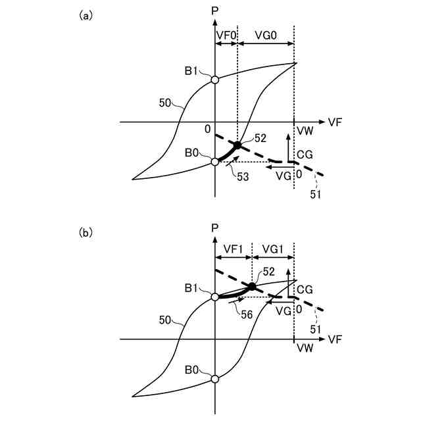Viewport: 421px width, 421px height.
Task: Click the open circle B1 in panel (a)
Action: click(215, 80)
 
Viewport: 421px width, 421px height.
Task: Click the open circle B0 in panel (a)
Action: click(215, 161)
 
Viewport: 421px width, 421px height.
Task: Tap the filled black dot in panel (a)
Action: click(237, 145)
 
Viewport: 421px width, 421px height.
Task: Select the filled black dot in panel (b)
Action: click(252, 286)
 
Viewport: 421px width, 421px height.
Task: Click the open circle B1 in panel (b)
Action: click(215, 297)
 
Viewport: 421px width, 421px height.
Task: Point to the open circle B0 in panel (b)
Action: click(215, 379)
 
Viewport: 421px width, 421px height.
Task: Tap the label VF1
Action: click(233, 249)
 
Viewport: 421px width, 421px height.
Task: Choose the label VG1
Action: click(272, 249)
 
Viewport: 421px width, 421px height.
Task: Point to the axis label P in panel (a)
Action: click(215, 12)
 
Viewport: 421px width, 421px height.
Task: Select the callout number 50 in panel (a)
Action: click(166, 103)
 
